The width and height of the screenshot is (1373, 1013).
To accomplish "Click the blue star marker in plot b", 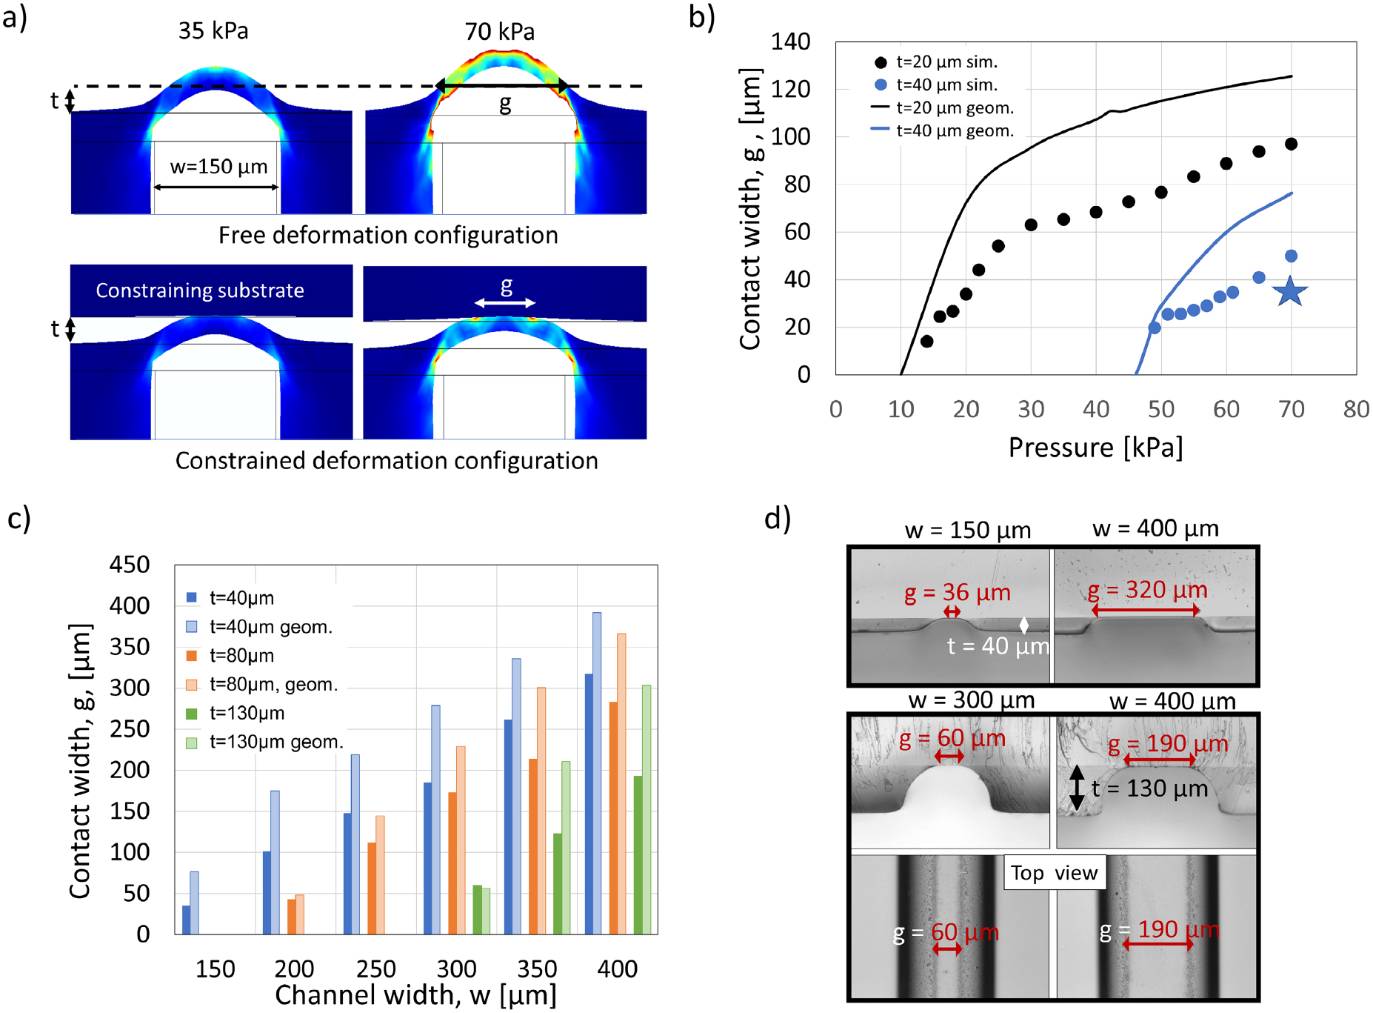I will point(1290,291).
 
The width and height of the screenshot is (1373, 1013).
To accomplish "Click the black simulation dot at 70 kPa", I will point(1291,144).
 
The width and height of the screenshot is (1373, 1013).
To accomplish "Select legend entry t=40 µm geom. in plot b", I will point(955,131).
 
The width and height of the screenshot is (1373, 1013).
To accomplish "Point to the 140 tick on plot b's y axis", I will point(790,41).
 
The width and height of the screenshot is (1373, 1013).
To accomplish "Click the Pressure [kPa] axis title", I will point(1095,448).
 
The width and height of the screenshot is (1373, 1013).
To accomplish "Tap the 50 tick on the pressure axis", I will point(1160,409).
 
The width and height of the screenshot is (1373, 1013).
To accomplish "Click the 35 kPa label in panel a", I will point(213,31).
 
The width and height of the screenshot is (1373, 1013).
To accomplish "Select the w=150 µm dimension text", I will point(218,167).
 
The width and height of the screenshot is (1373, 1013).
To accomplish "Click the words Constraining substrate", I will point(200,290).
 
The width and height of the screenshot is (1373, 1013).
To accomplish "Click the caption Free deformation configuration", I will point(388,236).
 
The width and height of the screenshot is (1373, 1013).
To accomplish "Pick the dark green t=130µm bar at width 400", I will point(638,854).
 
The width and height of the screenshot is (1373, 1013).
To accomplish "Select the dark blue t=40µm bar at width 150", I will point(186,919).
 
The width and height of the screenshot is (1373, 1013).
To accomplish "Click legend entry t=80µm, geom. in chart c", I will point(273,685).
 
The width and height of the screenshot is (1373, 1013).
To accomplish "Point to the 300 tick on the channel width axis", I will point(456,969).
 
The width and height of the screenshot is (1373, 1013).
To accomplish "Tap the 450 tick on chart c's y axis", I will point(130,565).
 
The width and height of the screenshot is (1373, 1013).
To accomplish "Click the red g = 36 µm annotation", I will point(957,593).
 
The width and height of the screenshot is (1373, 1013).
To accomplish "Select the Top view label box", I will point(1055,873).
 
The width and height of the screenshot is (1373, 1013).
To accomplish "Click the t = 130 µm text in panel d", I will point(1149,788).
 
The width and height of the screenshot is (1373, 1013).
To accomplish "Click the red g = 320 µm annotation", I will point(1147,590).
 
